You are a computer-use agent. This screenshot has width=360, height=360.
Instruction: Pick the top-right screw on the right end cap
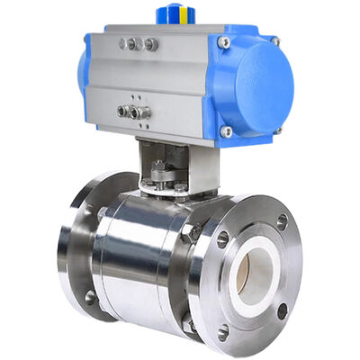tap(274, 41)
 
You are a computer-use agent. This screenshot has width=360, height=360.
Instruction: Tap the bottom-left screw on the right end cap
tap(226, 131)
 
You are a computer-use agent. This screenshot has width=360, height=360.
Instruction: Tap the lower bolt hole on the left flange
tap(90, 296)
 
